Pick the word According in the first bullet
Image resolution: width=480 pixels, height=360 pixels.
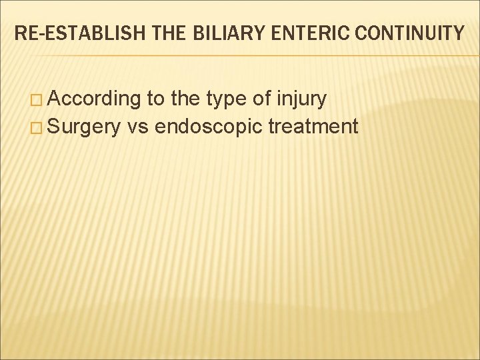[94, 100]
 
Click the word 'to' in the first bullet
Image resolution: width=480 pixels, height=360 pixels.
[155, 100]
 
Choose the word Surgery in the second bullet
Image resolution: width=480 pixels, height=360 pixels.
[83, 125]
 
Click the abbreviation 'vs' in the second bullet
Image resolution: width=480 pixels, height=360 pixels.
[138, 127]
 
